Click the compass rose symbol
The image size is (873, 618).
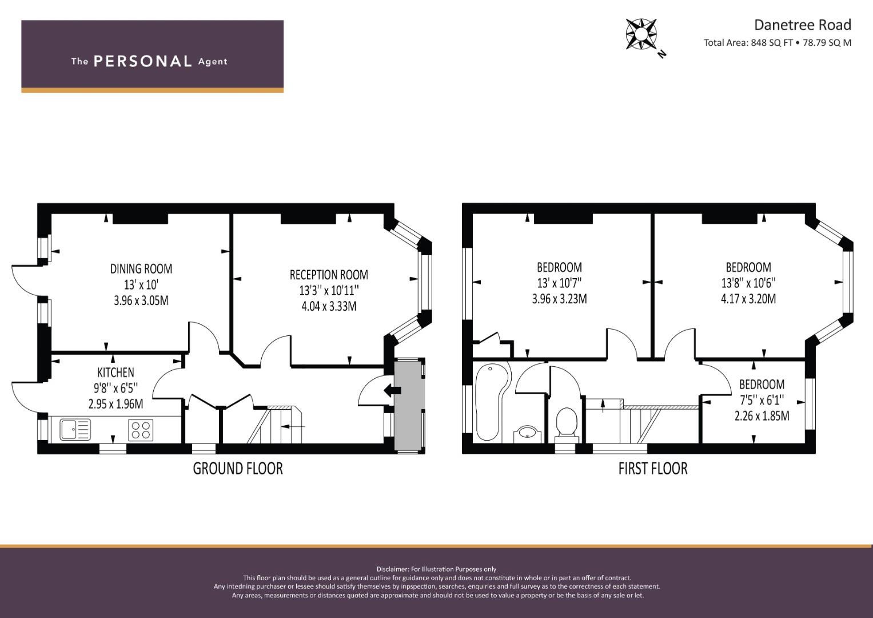[641, 34]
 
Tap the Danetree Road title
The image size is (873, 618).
[803, 25]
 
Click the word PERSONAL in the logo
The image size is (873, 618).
[143, 61]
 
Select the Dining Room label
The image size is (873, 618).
[141, 269]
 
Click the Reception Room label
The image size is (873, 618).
[329, 275]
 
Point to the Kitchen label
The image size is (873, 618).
[115, 373]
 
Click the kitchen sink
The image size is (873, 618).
[75, 430]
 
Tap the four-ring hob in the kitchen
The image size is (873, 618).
[141, 430]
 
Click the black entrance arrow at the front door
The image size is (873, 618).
[392, 390]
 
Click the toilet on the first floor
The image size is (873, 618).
[567, 425]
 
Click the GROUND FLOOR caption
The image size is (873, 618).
[238, 469]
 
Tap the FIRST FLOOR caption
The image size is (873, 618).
[653, 469]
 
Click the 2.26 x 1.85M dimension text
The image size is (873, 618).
[762, 416]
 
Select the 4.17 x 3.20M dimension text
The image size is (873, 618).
[748, 299]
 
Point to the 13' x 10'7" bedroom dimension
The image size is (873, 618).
[559, 283]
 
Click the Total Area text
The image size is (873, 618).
[778, 43]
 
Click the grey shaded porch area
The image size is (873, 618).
[409, 406]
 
